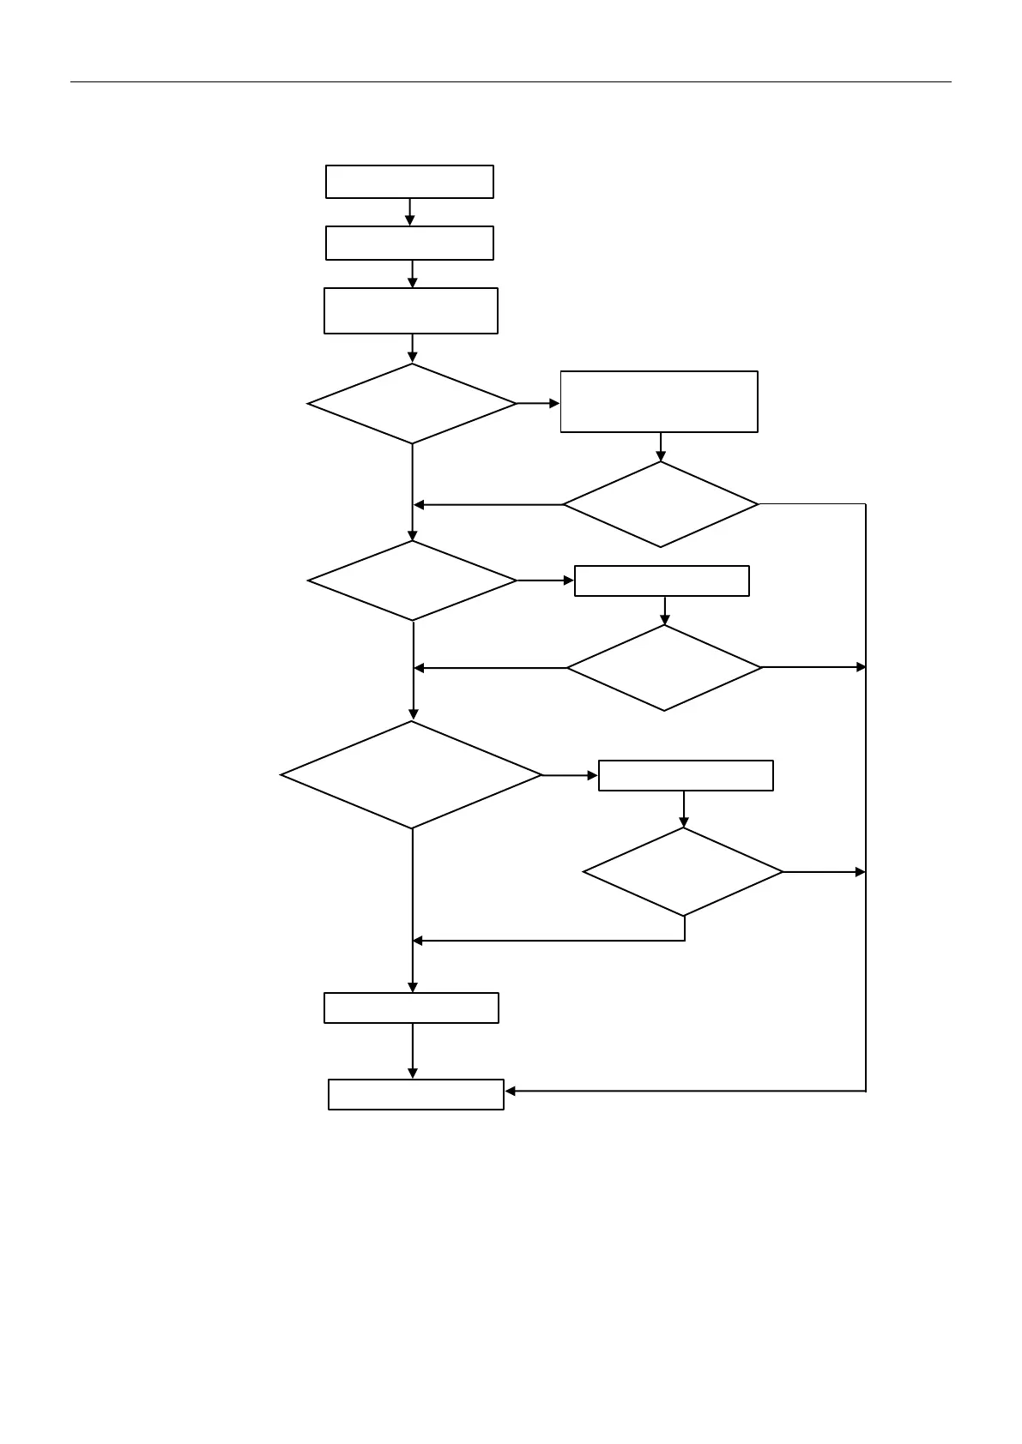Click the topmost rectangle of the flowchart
coord(409,182)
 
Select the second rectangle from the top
coord(409,243)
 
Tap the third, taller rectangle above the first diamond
coord(410,310)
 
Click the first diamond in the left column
coord(412,404)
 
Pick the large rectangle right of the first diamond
coord(659,401)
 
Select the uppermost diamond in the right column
coord(661,504)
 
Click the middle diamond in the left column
coord(412,581)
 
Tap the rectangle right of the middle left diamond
coord(662,581)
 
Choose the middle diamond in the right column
coord(664,667)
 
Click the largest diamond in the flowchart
coord(412,775)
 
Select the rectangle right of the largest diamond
coord(686,775)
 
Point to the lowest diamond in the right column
coord(683,872)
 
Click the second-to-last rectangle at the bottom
coord(411,1008)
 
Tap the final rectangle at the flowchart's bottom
coord(416,1094)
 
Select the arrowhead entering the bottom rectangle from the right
coord(511,1091)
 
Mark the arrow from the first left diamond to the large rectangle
coord(539,403)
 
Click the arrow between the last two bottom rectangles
coord(413,1051)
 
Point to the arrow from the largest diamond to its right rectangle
coord(571,775)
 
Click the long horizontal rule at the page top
coord(511,82)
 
